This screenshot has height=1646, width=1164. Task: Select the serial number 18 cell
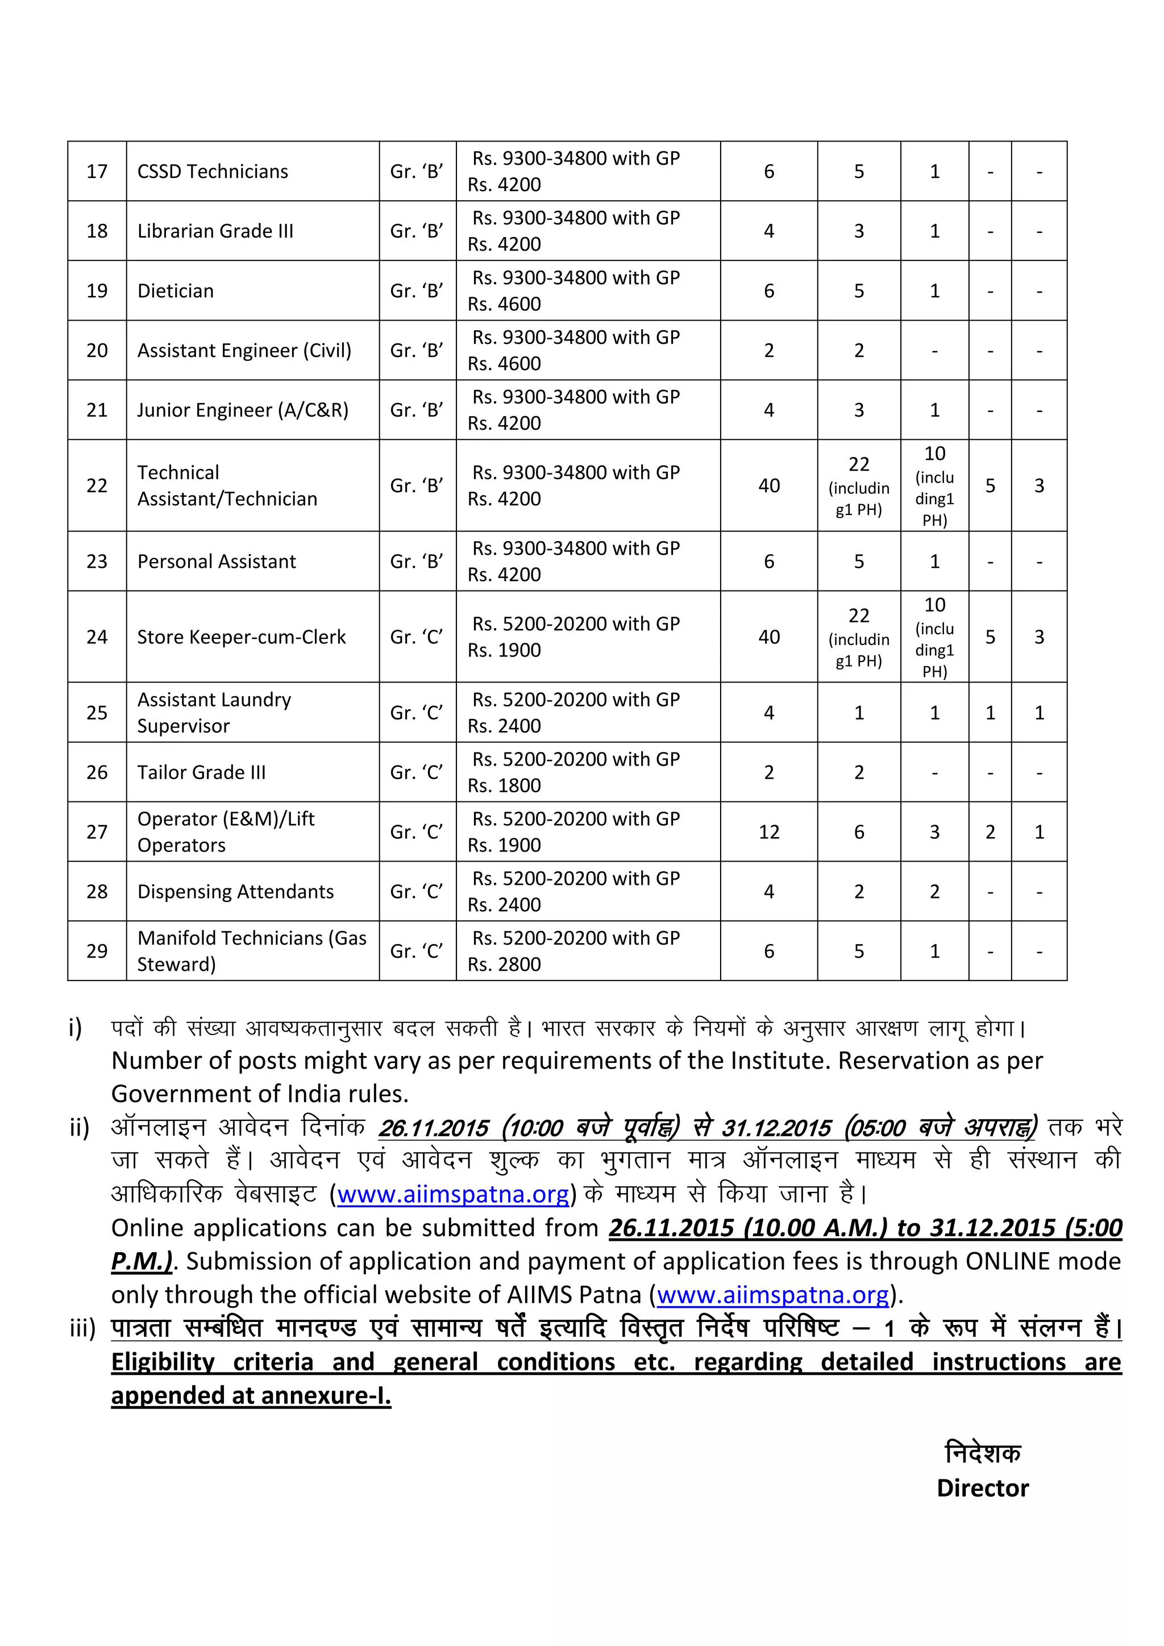97,231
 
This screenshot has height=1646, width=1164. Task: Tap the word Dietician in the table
176,291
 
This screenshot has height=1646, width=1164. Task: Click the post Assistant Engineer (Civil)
244,351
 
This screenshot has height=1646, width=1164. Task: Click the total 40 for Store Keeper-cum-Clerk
768,637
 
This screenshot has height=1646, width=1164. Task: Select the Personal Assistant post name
216,562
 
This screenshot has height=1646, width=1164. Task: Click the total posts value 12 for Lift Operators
768,832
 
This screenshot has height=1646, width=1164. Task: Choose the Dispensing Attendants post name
235,891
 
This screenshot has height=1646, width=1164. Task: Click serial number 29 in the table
97,951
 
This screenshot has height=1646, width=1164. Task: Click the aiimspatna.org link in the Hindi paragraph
453,1194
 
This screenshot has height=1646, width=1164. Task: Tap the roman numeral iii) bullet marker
82,1328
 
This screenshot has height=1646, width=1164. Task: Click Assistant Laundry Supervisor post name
214,713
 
